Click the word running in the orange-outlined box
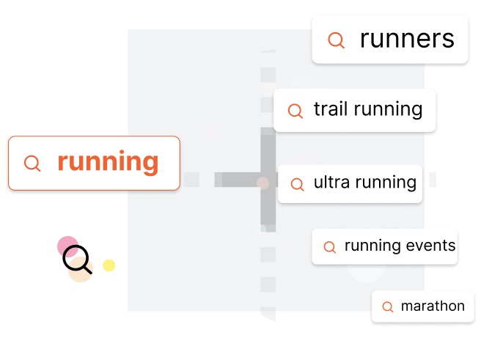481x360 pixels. [108, 163]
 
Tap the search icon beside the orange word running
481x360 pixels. [32, 163]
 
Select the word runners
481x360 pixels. [407, 39]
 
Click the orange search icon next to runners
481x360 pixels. [337, 40]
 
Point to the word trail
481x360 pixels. [331, 109]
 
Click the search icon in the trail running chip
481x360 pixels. [295, 111]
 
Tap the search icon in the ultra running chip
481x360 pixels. [297, 184]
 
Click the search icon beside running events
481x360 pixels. [330, 247]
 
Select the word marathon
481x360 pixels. [433, 306]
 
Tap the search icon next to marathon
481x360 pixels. [388, 306]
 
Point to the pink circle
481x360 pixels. [67, 246]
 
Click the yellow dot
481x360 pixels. [109, 265]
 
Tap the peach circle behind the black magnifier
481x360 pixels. [81, 270]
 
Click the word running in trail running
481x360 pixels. [388, 110]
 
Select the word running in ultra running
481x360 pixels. [386, 183]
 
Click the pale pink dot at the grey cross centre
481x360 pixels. [262, 183]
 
